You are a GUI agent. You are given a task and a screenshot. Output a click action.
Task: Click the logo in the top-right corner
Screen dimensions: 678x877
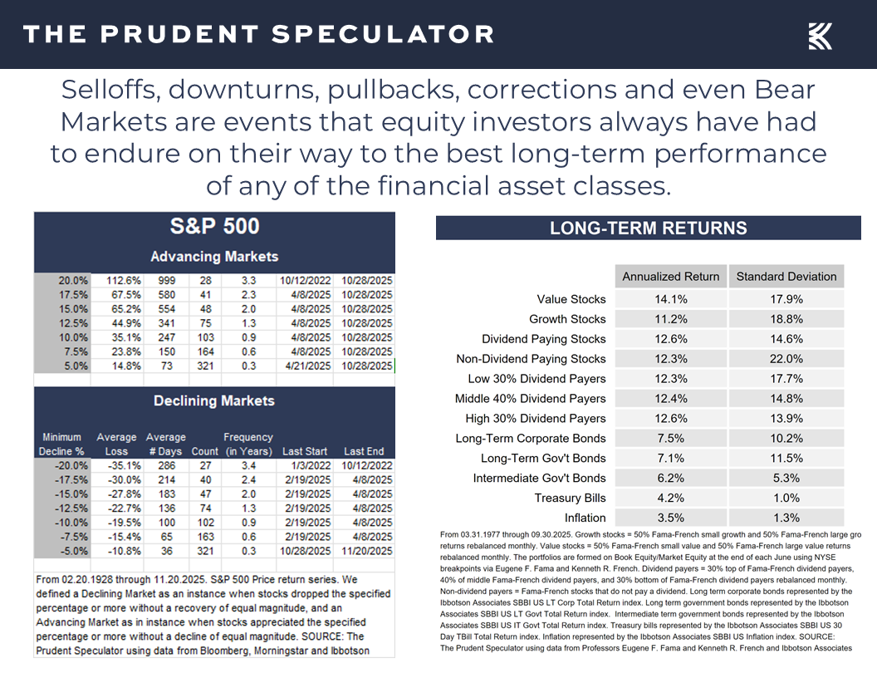pos(820,36)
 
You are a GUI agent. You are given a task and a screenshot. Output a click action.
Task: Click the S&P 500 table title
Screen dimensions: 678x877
pos(214,226)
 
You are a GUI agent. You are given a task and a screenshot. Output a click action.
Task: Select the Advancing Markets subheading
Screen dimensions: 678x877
pos(214,257)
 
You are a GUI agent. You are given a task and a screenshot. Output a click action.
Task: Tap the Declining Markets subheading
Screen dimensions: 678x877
pos(214,401)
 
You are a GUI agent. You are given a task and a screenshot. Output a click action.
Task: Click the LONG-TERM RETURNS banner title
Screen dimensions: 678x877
pos(648,228)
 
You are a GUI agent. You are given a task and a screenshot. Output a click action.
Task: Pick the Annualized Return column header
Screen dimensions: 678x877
pos(671,277)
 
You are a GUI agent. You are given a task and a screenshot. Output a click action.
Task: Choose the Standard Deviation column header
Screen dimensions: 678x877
pos(786,277)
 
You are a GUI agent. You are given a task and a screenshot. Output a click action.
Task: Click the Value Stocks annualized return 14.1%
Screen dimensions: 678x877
pos(671,299)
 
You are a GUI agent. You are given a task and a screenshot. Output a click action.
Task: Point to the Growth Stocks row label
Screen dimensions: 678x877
pos(567,319)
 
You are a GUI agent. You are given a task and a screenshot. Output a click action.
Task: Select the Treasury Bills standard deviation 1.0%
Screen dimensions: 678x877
pos(786,498)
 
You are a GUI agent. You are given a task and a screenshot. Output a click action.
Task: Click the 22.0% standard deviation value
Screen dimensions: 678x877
pos(786,359)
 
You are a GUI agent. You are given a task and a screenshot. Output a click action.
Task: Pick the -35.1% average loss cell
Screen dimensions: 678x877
pos(116,465)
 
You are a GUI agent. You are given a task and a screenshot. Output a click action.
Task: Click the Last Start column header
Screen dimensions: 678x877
pos(304,451)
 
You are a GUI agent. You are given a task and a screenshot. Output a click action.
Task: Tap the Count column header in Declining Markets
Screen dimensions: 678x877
pos(204,451)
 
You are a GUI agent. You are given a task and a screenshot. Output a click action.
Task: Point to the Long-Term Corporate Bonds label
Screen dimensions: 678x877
pos(531,439)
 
